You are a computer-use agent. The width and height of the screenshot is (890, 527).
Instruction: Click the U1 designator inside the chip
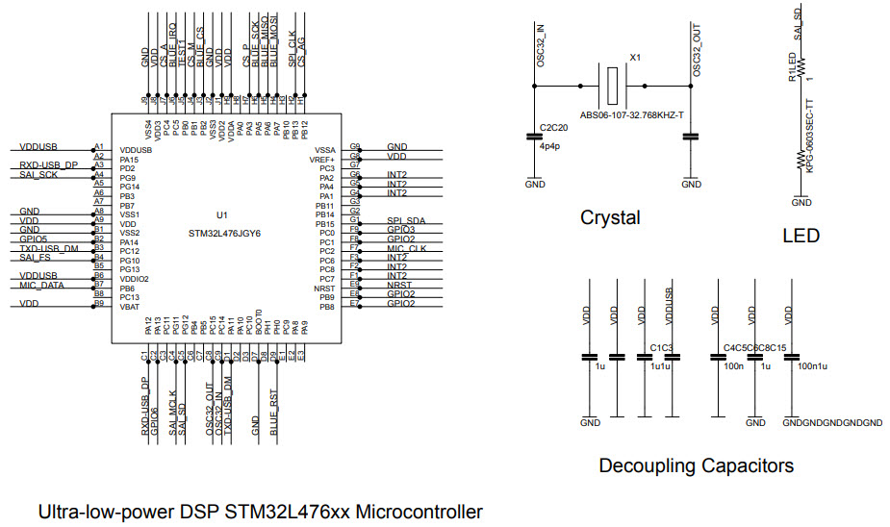click(x=220, y=214)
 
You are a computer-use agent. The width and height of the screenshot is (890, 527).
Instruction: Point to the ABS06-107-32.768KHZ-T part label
click(x=631, y=113)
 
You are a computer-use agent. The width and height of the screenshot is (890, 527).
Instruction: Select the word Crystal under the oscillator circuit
click(x=610, y=218)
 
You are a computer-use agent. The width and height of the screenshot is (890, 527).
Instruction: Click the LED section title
click(x=801, y=236)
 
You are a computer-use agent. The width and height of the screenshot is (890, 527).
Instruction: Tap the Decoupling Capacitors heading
click(x=696, y=466)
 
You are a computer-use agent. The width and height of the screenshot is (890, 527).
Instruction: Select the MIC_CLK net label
click(x=407, y=249)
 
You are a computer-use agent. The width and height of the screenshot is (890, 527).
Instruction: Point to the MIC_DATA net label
click(x=41, y=286)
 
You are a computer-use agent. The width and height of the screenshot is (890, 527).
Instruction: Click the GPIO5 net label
click(x=34, y=238)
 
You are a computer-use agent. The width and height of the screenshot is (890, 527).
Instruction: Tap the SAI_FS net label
click(x=35, y=258)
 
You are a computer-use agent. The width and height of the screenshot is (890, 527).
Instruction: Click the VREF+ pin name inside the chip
click(x=323, y=160)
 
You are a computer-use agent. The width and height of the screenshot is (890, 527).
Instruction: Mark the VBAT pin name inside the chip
click(x=130, y=306)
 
